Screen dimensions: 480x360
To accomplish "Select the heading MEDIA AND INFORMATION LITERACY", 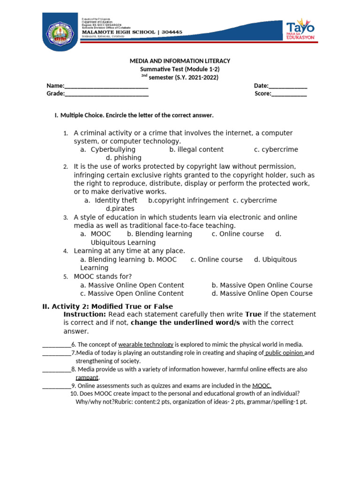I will point(180,61).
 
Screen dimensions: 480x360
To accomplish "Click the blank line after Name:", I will point(106,86).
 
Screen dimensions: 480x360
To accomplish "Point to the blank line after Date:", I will point(288,86).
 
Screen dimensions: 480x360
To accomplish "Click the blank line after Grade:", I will point(106,94).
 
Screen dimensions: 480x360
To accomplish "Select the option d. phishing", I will point(124,158).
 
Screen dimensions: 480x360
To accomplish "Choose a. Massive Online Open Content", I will point(132,285).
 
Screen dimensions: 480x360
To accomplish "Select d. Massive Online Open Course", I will point(262,293).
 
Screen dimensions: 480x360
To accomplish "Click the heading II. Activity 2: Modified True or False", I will point(107,307).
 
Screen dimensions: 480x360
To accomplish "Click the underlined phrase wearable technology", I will point(146,345).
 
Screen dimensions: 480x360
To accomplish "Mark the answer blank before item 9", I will point(56,386).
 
